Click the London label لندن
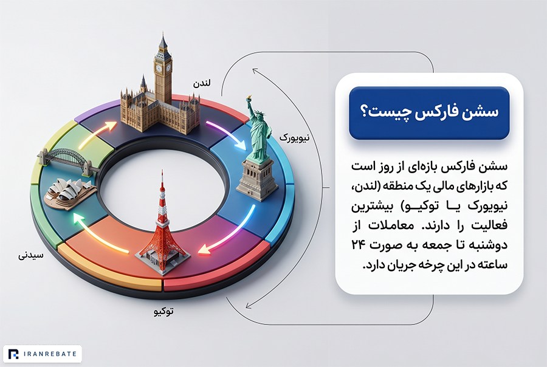[202, 84]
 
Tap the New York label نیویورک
[294, 138]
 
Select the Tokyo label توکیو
[163, 312]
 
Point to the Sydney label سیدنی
[31, 256]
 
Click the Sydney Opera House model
[70, 193]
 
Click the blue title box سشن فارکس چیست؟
[429, 113]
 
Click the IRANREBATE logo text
[50, 354]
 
